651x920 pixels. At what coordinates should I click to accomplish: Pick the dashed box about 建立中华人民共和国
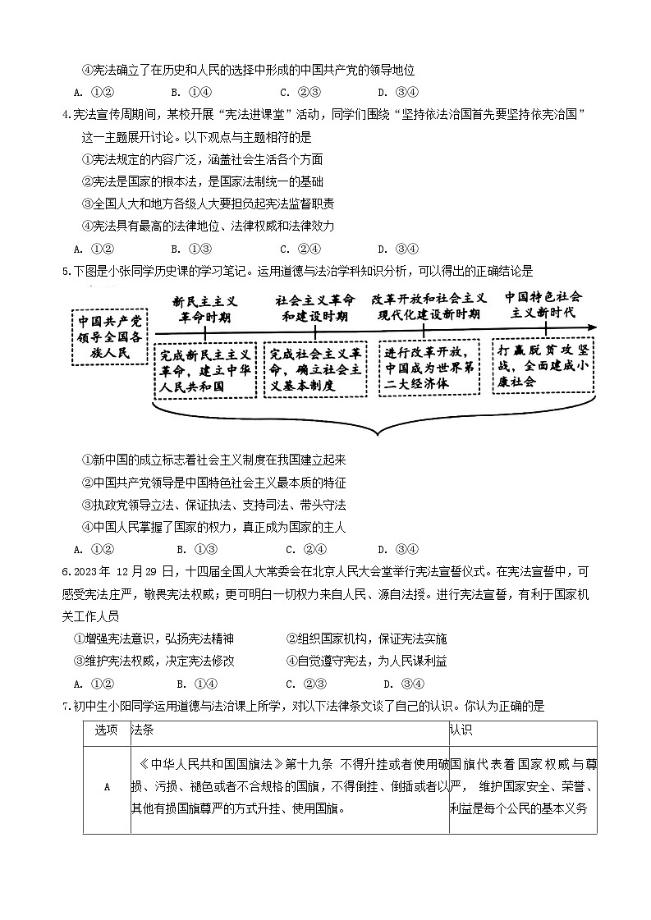[204, 369]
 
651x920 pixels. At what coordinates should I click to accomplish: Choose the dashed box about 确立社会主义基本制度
[315, 369]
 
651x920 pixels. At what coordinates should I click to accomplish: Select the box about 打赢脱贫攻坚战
[543, 365]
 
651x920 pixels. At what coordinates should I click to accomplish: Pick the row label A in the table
[106, 787]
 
